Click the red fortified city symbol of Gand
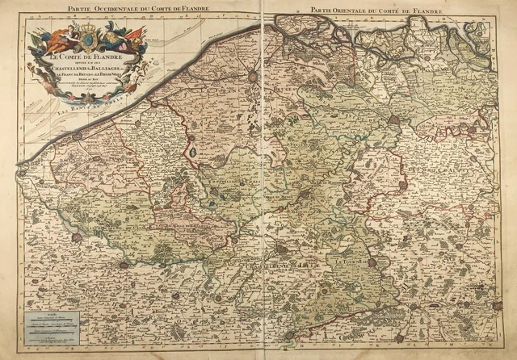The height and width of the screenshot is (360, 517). click(393, 119)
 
